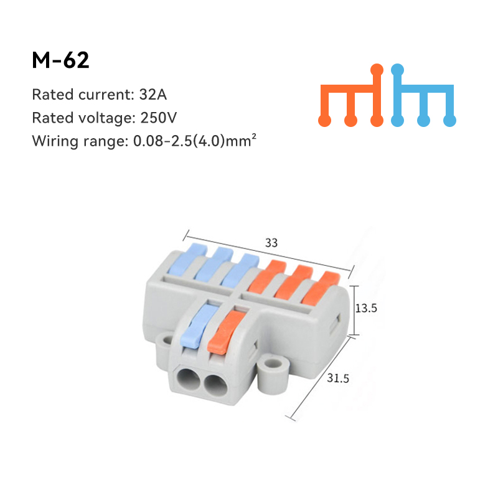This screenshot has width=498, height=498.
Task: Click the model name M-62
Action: (60, 60)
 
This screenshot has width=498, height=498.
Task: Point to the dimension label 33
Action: (271, 243)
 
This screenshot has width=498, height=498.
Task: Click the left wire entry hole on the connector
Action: (187, 380)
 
